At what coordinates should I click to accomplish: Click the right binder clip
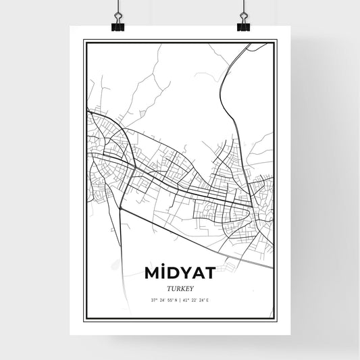[243, 23]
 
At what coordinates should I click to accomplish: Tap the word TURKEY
[180, 288]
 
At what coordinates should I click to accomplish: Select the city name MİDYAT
[180, 273]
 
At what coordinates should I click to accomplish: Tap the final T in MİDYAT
[209, 273]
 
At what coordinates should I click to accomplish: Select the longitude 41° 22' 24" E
[197, 299]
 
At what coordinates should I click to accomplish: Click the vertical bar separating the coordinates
[180, 299]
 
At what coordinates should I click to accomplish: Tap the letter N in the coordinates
[176, 299]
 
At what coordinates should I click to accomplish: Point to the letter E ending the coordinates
[208, 299]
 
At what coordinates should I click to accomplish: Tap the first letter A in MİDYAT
[198, 273]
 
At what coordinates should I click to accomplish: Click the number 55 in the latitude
[170, 299]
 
